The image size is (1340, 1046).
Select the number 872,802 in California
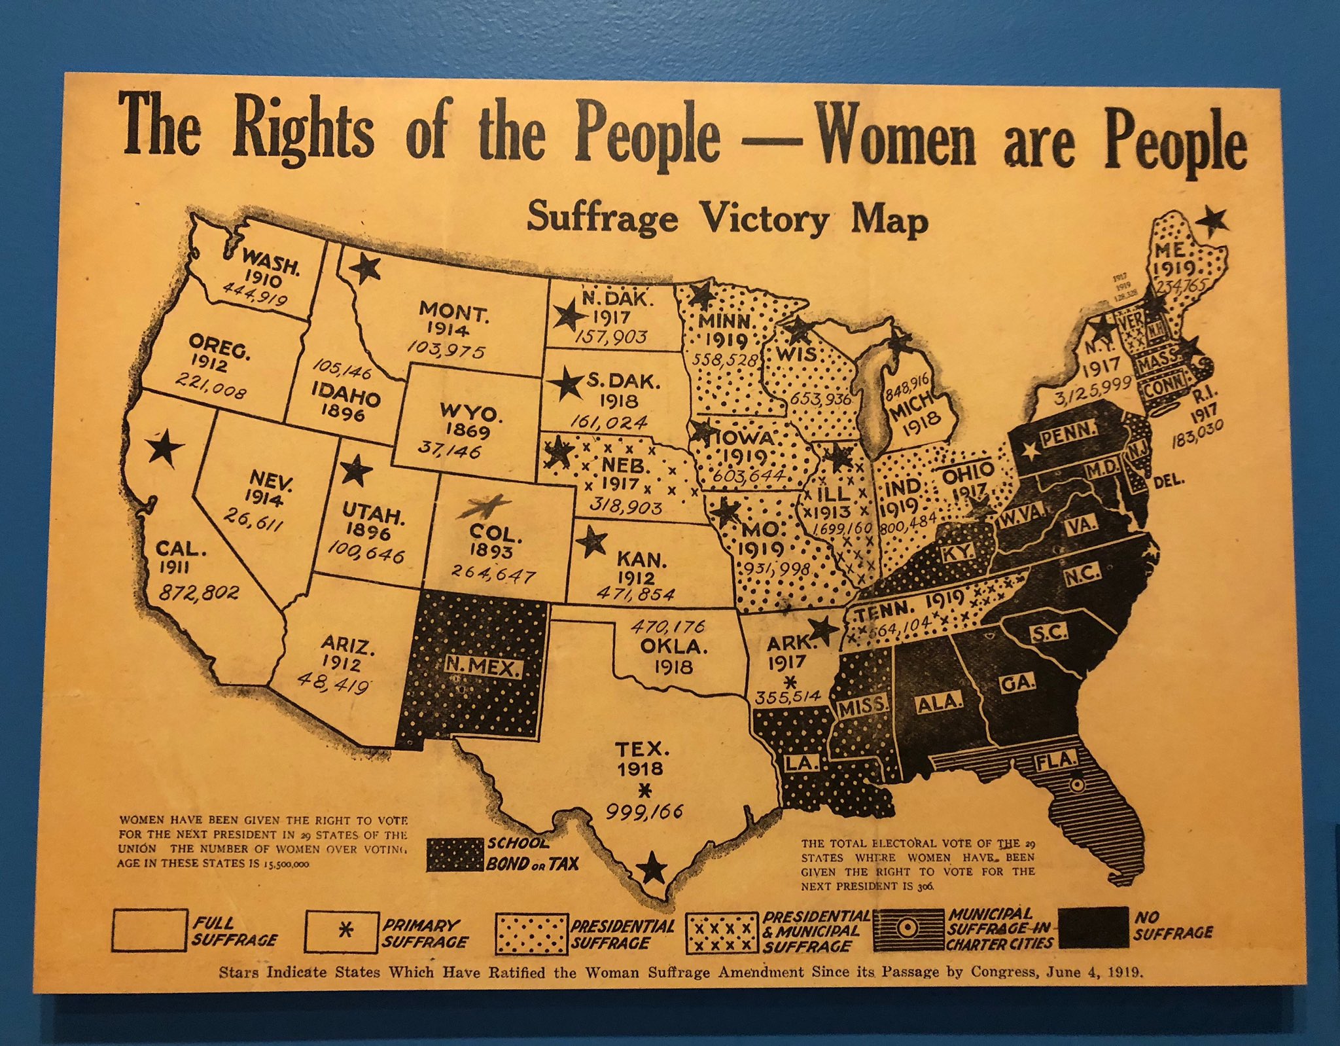(200, 593)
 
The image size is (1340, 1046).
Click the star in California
(164, 448)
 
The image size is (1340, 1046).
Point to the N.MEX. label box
(484, 668)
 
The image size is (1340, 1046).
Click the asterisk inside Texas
(644, 791)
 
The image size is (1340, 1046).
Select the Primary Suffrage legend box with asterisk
(341, 932)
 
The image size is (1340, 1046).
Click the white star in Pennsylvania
(1031, 450)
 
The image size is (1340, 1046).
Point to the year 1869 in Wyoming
(468, 431)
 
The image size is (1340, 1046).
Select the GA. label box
(1018, 684)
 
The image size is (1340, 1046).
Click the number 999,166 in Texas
(644, 812)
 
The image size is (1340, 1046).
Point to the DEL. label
(1169, 481)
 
